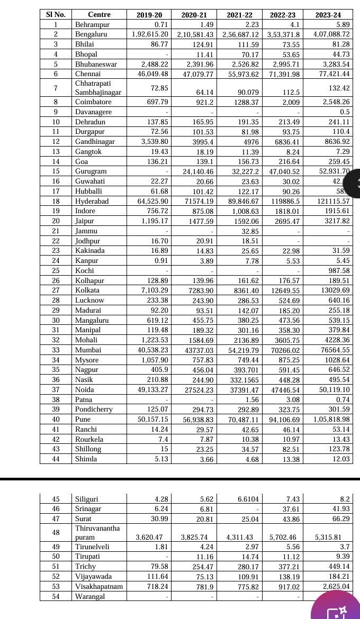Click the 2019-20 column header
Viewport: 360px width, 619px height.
149,15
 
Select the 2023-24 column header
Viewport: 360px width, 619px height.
328,15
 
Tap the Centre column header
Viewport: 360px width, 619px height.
99,15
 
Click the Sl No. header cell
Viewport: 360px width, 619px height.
56,15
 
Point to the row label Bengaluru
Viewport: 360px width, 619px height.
91,34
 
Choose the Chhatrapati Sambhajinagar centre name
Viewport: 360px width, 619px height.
98,88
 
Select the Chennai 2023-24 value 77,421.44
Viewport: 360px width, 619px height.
331,74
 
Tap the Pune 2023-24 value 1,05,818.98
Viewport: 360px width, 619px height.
328,420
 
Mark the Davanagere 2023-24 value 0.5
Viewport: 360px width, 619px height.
345,112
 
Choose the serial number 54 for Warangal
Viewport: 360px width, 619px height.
56,597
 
